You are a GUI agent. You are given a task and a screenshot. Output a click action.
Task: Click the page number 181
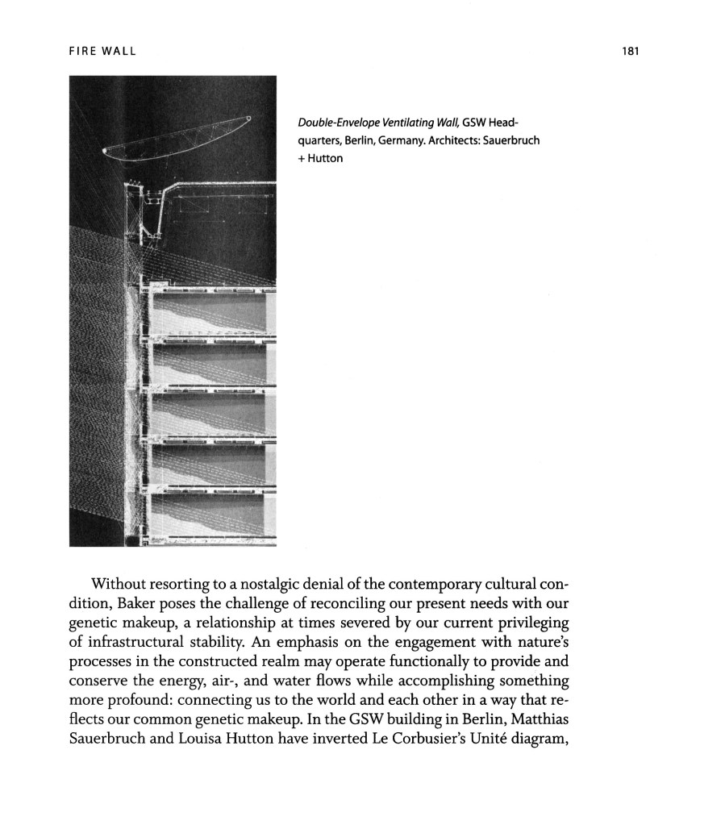(631, 52)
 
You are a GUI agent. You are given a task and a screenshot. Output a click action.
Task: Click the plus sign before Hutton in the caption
(302, 158)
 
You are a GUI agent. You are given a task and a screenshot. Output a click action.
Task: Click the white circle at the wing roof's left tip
(105, 151)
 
